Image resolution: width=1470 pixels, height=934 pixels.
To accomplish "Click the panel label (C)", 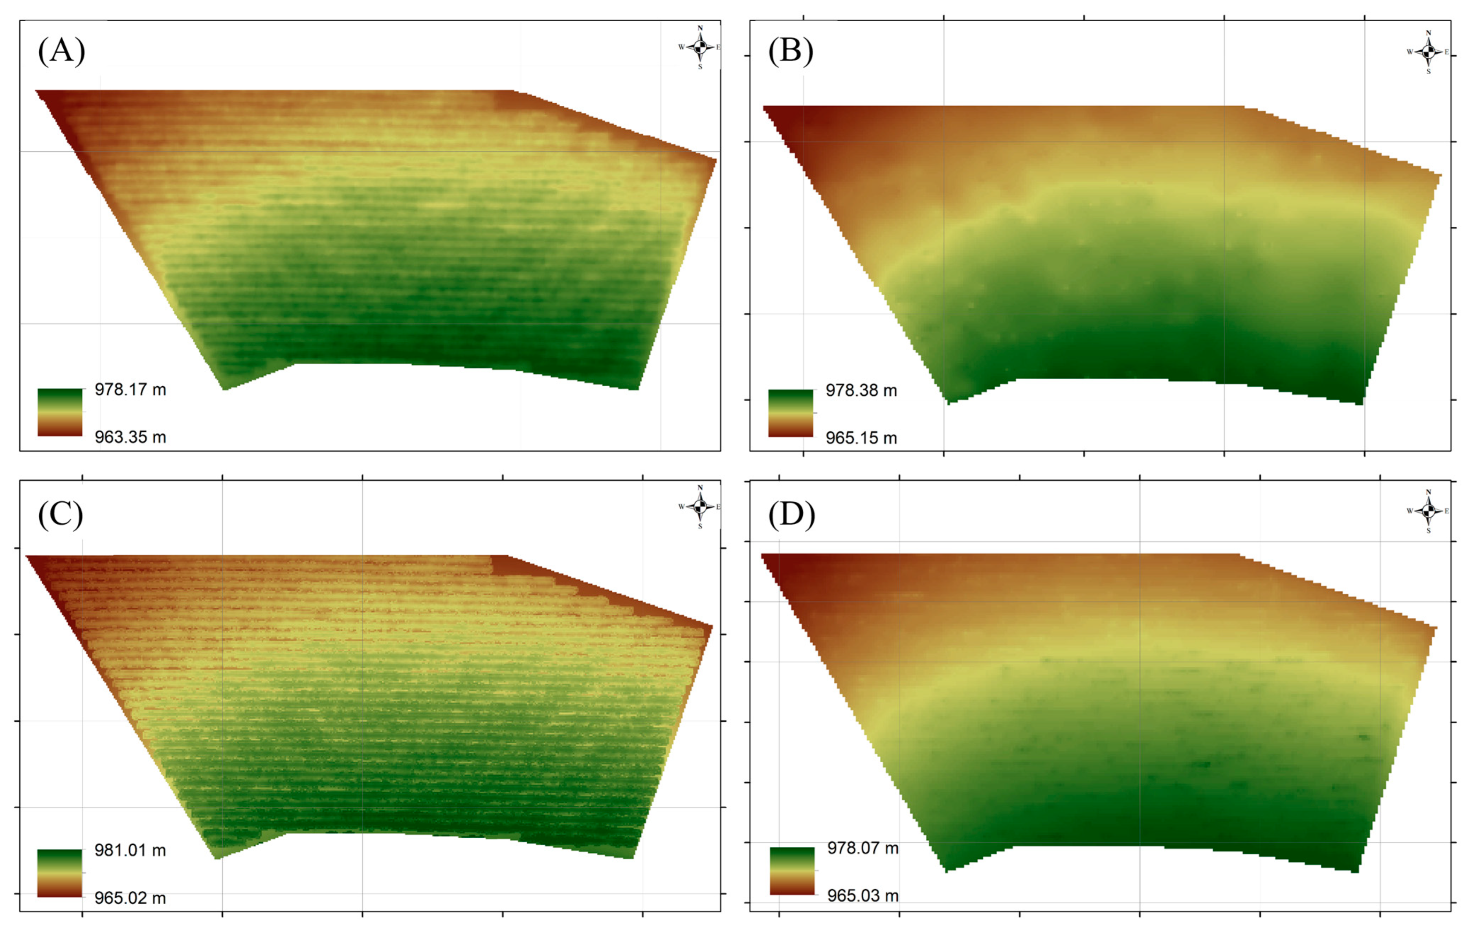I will tap(61, 515).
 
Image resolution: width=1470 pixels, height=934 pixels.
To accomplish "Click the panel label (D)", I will tap(791, 515).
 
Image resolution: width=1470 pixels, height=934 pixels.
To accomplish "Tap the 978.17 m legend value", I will tap(130, 389).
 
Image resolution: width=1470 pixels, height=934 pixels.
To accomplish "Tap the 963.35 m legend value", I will tap(130, 437).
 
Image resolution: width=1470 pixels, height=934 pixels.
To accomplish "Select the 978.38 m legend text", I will tap(861, 391).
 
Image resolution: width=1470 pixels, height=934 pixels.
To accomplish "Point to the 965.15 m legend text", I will tap(861, 438).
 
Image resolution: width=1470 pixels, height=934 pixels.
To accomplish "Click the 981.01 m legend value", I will tap(130, 850).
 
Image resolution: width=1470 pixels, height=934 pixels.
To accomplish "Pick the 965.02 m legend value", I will tap(130, 898).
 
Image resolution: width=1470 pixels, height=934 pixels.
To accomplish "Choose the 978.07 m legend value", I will tap(862, 848).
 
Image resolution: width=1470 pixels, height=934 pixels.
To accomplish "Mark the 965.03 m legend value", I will tap(862, 895).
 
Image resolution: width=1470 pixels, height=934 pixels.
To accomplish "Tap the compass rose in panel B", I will tap(1428, 52).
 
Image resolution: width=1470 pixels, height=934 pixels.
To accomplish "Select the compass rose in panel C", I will tap(700, 506).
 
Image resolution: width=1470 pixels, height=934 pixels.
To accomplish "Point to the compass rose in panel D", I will tap(1428, 511).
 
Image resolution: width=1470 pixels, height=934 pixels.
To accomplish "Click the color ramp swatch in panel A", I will tap(60, 412).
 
